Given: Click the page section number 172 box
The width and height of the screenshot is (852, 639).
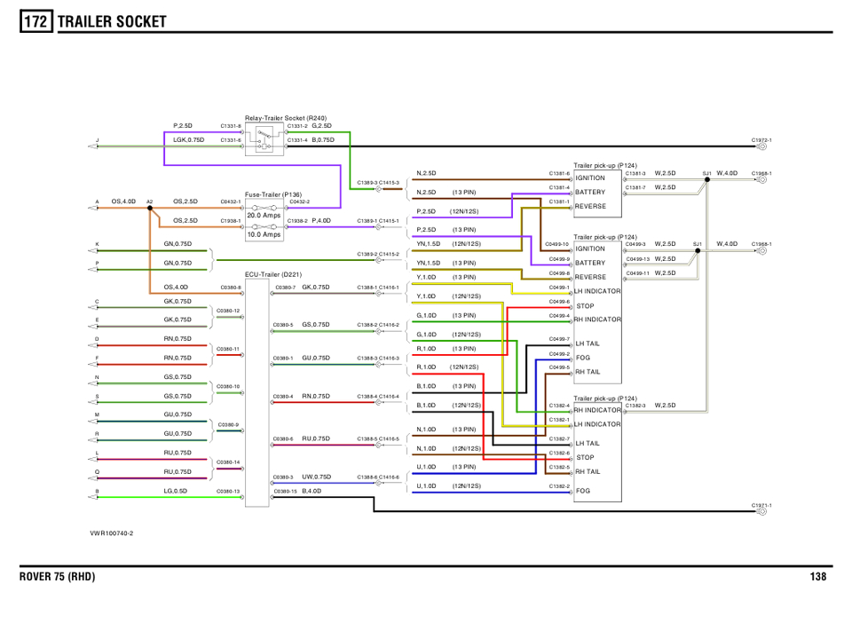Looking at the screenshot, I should (36, 20).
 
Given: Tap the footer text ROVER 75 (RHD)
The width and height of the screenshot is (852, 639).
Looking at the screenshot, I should (58, 577).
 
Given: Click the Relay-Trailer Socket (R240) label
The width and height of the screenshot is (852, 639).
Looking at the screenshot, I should (286, 118).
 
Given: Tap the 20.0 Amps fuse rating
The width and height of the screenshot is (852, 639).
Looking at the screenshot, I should (264, 215).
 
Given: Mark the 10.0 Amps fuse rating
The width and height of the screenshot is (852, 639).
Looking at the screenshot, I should (264, 234).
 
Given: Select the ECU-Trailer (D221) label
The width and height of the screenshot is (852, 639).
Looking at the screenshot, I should (274, 275).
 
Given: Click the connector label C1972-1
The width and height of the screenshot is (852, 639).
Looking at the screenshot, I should (761, 140).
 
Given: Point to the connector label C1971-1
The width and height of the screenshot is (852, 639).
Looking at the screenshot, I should (761, 504).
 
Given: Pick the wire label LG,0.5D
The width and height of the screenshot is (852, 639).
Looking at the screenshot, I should (175, 490).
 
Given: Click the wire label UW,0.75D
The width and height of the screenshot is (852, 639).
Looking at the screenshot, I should (316, 477).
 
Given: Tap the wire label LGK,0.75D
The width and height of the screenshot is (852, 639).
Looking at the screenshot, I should (188, 139).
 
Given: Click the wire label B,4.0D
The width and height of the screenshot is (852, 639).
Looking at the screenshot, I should (312, 490).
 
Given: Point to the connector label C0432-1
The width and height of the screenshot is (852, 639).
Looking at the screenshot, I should (230, 201).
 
